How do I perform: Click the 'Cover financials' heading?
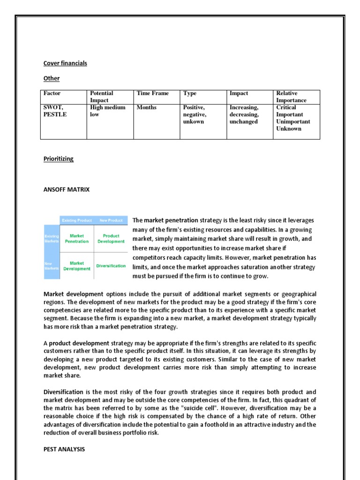tap(65, 63)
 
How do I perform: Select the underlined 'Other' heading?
tap(52, 78)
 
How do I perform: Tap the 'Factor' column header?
tap(52, 93)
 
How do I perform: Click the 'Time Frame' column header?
tap(152, 93)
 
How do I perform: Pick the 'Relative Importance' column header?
tap(291, 97)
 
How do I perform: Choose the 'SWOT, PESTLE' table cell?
tap(55, 111)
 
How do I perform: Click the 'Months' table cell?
tap(146, 107)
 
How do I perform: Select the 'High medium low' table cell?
tap(108, 111)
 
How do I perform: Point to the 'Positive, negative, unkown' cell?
tap(194, 114)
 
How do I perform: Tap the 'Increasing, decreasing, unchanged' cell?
tap(244, 114)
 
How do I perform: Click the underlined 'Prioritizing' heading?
tap(59, 159)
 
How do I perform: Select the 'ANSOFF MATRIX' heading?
tap(66, 189)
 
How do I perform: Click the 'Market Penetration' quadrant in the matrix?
tap(77, 238)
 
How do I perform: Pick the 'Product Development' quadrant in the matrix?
tap(111, 238)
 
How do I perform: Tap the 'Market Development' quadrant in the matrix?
tap(77, 266)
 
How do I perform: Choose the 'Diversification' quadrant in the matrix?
tap(111, 266)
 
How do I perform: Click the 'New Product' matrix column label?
tap(111, 220)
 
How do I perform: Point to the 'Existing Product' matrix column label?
tap(77, 220)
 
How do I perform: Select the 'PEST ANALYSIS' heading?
tap(64, 449)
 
